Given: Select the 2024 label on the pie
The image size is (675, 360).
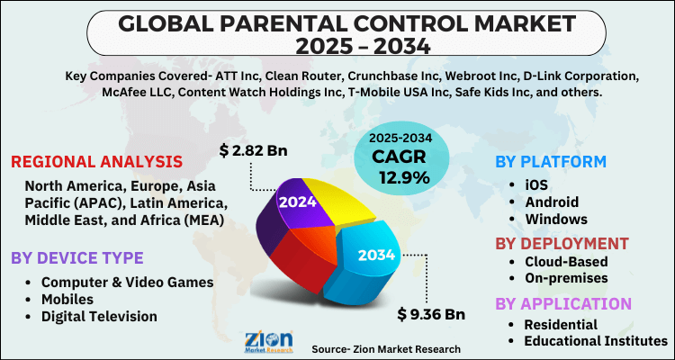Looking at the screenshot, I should [297, 202].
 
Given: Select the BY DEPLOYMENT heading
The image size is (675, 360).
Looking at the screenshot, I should [562, 243].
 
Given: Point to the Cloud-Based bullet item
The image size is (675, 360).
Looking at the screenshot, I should [565, 262].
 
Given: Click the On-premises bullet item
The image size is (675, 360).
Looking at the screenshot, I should [567, 279].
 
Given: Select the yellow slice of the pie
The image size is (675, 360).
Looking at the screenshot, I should [346, 199].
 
